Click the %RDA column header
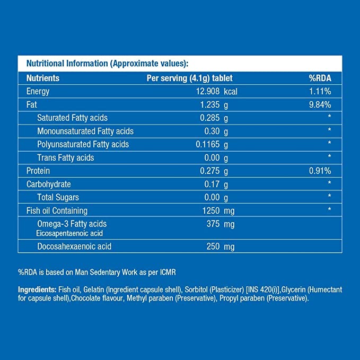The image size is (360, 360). pyautogui.click(x=320, y=78)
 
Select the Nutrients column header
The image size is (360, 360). pyautogui.click(x=43, y=78)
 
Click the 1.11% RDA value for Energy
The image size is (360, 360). pyautogui.click(x=320, y=91)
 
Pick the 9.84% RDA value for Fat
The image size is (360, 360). pyautogui.click(x=320, y=104)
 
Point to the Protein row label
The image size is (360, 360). pyautogui.click(x=38, y=171)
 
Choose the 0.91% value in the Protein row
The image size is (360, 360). pyautogui.click(x=320, y=171)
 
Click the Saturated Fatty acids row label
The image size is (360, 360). pyautogui.click(x=72, y=118)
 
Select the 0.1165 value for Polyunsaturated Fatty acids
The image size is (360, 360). pyautogui.click(x=208, y=144)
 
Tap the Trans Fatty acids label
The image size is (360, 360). pyautogui.click(x=65, y=157)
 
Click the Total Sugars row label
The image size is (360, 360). pyautogui.click(x=58, y=197)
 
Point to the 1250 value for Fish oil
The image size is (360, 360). pyautogui.click(x=210, y=210)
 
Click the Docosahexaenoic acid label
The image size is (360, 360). pyautogui.click(x=74, y=247)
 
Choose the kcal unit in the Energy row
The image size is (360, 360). pyautogui.click(x=231, y=91)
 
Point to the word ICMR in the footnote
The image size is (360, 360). pyautogui.click(x=166, y=272)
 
